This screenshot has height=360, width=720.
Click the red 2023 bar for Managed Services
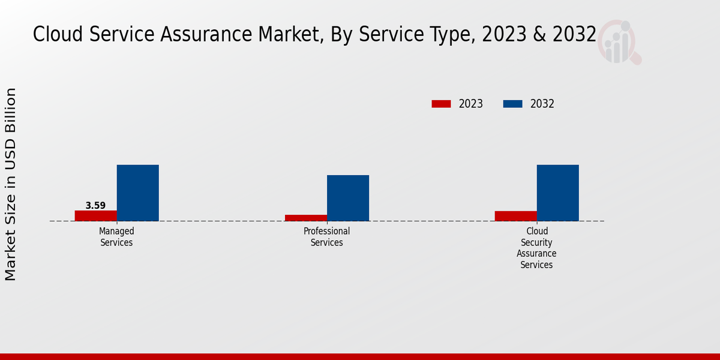tap(96, 215)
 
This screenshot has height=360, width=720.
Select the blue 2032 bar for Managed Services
tap(138, 193)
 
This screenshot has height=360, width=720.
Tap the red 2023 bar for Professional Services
tap(306, 218)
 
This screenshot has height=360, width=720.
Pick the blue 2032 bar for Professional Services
tap(348, 198)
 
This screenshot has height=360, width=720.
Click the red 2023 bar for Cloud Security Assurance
tap(516, 216)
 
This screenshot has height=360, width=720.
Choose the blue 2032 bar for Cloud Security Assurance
tap(558, 193)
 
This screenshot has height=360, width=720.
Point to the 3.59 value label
tap(95, 205)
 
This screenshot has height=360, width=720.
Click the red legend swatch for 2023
tap(441, 104)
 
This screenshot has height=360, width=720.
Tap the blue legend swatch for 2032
tap(512, 104)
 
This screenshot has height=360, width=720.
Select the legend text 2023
tap(471, 104)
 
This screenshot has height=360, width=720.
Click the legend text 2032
tap(542, 104)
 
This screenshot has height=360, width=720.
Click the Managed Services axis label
tap(116, 237)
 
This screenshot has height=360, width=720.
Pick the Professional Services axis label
tap(326, 237)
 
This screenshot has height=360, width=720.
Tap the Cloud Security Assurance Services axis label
tap(536, 248)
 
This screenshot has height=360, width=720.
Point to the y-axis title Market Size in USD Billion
tap(11, 184)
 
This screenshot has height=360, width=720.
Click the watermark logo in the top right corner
tap(619, 42)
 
